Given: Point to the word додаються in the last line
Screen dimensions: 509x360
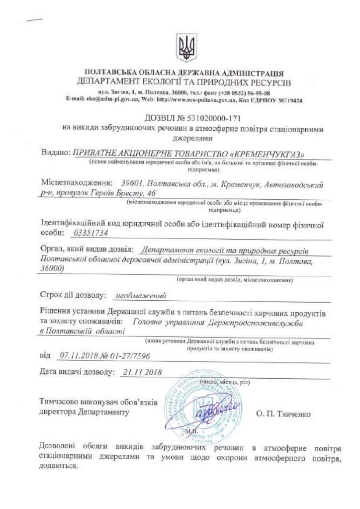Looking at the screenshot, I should (x=58, y=467).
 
